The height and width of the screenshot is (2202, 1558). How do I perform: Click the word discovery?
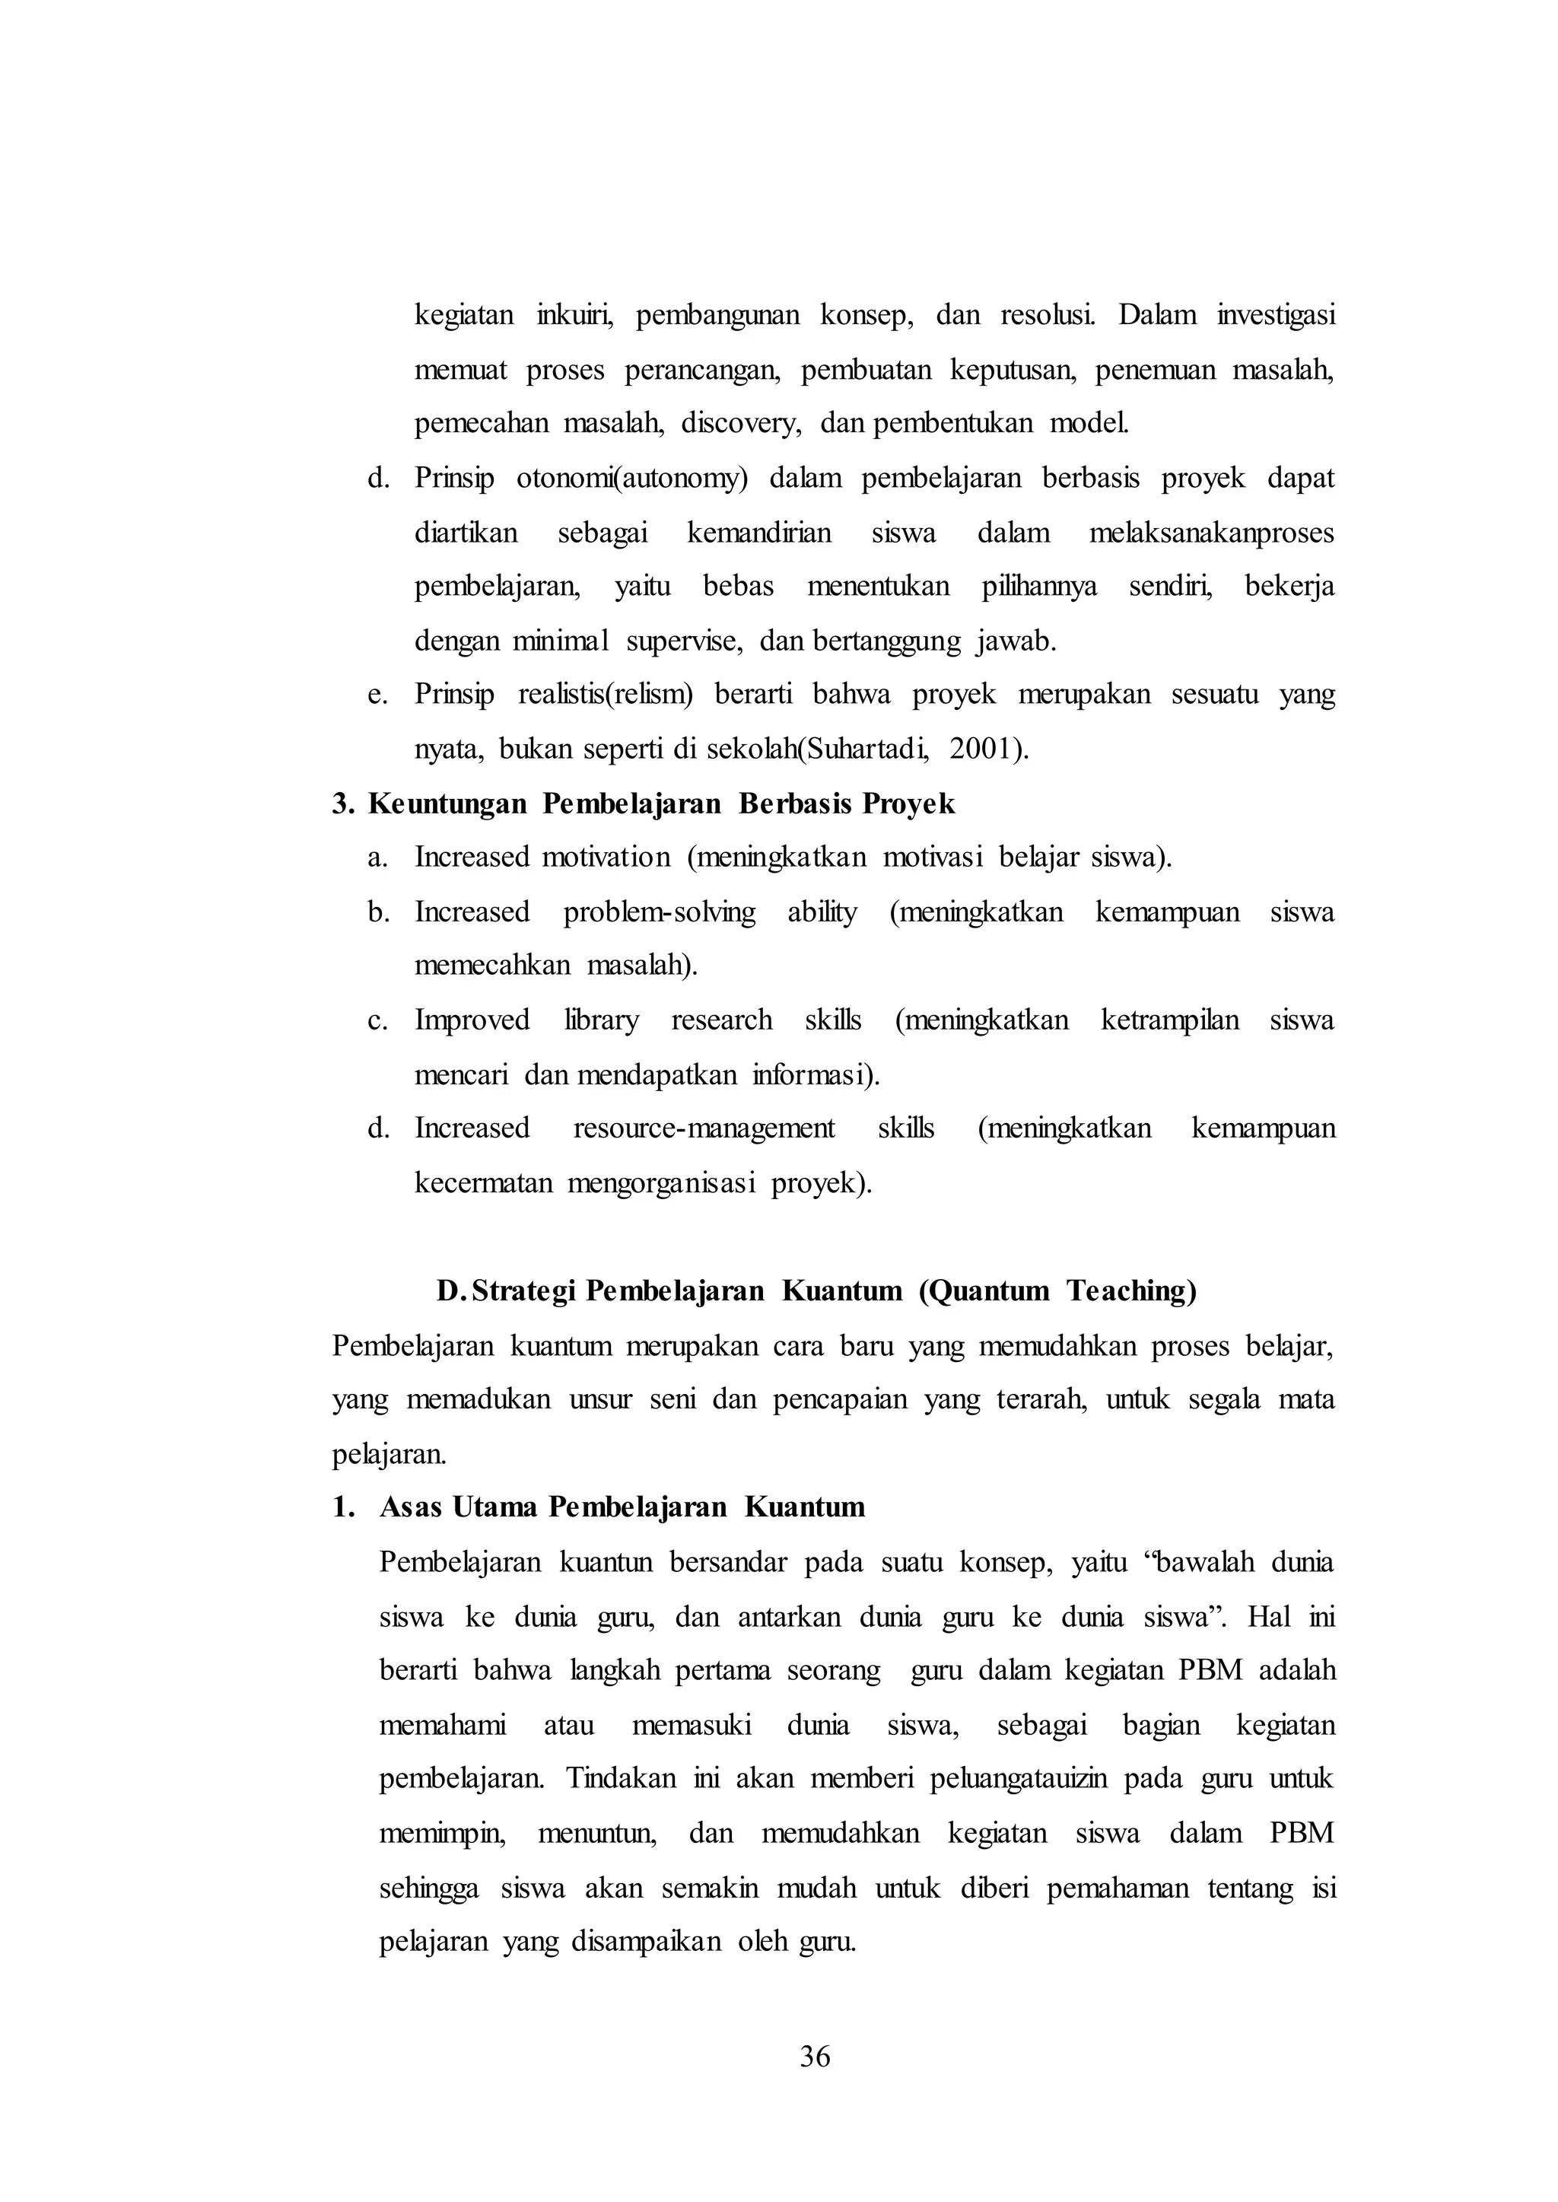coord(741,423)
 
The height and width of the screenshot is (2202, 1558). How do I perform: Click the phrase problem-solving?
coord(659,912)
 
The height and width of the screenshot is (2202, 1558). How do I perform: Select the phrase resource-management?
coord(704,1128)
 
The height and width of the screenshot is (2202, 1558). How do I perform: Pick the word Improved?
coord(472,1020)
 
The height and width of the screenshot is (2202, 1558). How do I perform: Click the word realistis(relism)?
coord(604,695)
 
